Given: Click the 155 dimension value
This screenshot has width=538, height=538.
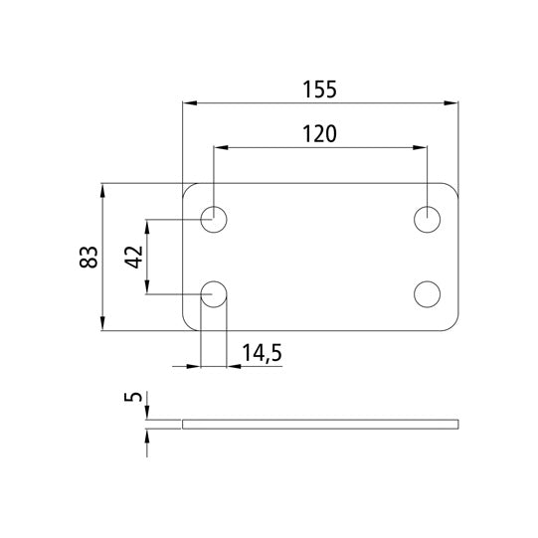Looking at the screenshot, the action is pos(319,90).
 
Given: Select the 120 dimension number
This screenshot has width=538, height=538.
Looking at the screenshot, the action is pos(319,134).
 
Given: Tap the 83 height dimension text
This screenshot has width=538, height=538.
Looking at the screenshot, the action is pos(89,257).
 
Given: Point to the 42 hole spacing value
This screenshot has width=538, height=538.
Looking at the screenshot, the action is pos(134,257).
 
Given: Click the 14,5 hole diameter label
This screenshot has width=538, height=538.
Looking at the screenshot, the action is pos(263,353).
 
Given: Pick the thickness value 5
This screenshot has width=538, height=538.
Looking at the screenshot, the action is pos(133,397).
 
